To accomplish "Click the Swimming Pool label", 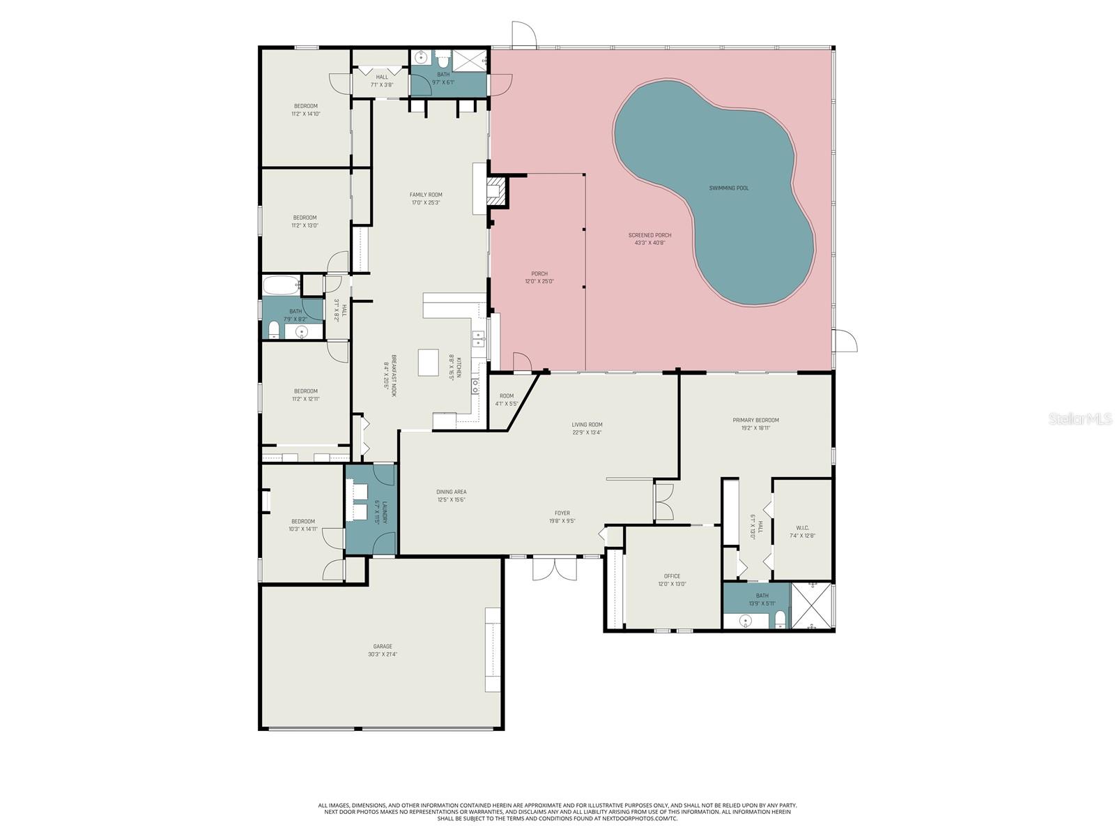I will (729, 188).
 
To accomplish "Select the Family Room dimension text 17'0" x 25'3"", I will (426, 203).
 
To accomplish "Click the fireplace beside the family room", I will (495, 190).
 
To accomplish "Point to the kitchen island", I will (429, 363).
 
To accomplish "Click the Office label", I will (672, 576).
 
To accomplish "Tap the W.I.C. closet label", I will (802, 528).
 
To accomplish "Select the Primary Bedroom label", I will (755, 421).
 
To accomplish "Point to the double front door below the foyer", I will (555, 568).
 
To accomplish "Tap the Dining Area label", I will (452, 492).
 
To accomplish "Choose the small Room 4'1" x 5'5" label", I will (507, 395).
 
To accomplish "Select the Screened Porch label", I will (649, 236).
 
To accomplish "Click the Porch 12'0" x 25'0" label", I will (539, 274).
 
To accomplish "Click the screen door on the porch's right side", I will (845, 342).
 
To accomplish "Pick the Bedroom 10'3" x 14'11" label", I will (303, 522).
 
